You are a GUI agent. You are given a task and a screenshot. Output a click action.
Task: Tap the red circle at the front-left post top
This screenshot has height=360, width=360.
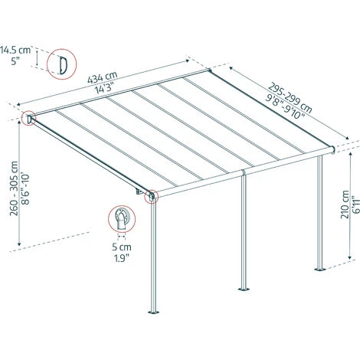(x=151, y=198)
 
